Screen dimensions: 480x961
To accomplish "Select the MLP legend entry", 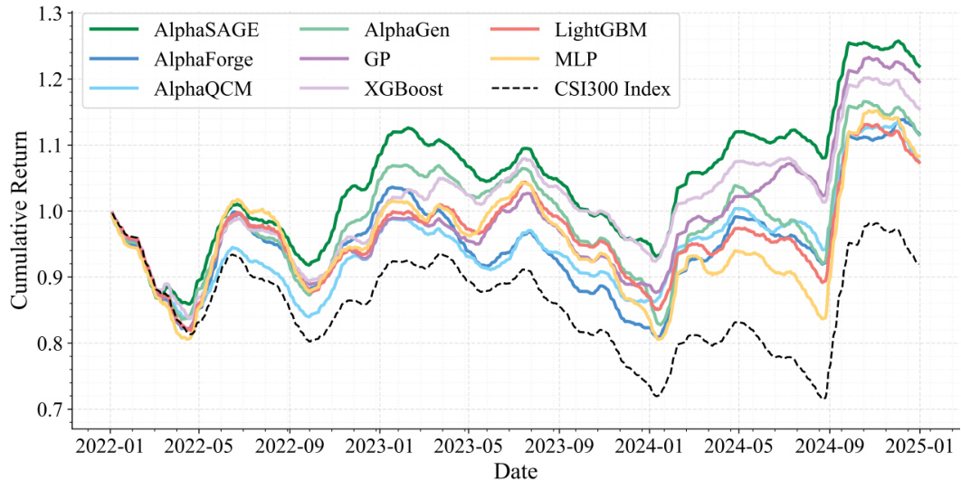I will (x=576, y=60).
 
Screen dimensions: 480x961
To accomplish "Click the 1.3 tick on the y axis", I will (x=57, y=14).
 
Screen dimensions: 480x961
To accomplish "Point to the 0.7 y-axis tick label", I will (x=57, y=409).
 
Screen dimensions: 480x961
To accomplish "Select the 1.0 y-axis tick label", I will (x=57, y=212).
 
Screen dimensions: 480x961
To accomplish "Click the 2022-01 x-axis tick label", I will (x=110, y=447).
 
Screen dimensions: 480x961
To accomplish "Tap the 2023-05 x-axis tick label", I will (x=469, y=447).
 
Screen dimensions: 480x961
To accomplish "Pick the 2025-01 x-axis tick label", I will (x=919, y=447).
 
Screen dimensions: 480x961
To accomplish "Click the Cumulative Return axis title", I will (x=19, y=212).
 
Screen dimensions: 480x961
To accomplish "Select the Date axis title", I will (x=515, y=470).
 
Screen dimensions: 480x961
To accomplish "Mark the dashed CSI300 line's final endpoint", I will (x=919, y=264).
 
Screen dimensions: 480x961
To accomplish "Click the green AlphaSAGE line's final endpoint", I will (x=919, y=67).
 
